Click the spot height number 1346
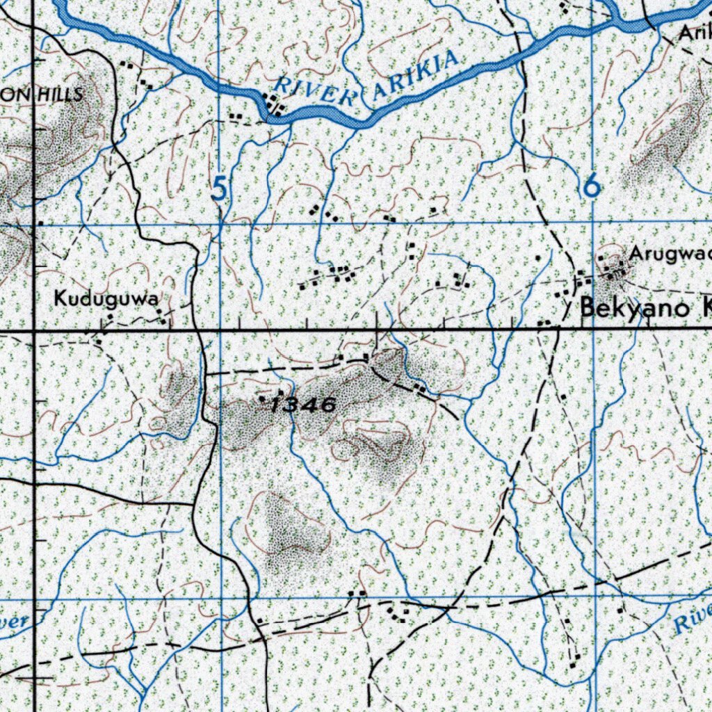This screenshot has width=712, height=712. pos(304,405)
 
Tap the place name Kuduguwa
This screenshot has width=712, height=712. pos(104,300)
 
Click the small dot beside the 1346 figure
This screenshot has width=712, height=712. pos(262,399)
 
